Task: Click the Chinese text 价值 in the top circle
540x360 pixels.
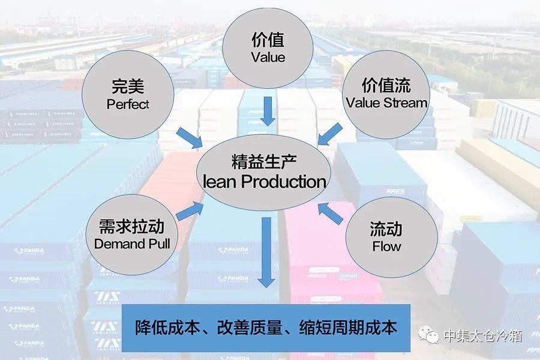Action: pyautogui.click(x=268, y=40)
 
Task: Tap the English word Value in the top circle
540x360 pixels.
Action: pyautogui.click(x=268, y=58)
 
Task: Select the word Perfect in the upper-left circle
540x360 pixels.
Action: pyautogui.click(x=128, y=104)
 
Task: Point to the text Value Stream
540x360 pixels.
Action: pyautogui.click(x=386, y=102)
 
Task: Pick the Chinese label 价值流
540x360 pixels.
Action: pyautogui.click(x=386, y=85)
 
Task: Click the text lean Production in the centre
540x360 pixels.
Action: pyautogui.click(x=265, y=181)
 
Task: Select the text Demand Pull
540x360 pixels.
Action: pyautogui.click(x=132, y=244)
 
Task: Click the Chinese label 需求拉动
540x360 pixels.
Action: pyautogui.click(x=133, y=227)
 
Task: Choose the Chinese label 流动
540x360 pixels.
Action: pyautogui.click(x=386, y=229)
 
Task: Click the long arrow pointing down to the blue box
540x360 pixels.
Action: pyautogui.click(x=266, y=252)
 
